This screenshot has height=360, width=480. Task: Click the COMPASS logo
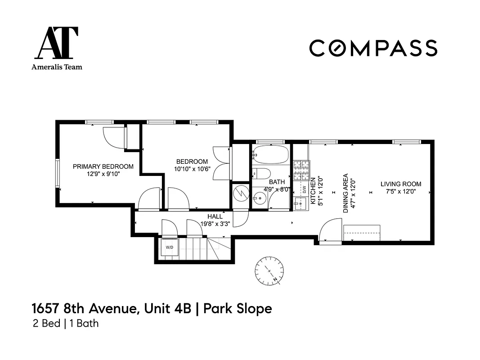click(373, 48)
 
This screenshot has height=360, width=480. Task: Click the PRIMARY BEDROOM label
click(103, 166)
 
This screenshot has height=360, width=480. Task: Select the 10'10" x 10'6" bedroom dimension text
click(192, 169)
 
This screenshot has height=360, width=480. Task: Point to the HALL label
click(215, 216)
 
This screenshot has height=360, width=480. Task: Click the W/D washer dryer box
click(170, 247)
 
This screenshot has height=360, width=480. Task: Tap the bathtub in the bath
click(270, 154)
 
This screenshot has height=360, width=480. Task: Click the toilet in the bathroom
click(260, 174)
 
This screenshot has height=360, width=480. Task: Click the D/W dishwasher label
click(304, 189)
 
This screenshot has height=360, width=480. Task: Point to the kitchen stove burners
click(300, 171)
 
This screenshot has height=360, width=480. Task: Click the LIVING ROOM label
click(400, 184)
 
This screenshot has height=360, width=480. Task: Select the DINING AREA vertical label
click(345, 193)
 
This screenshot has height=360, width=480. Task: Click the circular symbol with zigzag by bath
click(240, 193)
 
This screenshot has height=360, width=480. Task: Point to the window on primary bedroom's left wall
click(58, 173)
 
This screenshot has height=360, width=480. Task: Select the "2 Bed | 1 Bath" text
click(66, 324)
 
